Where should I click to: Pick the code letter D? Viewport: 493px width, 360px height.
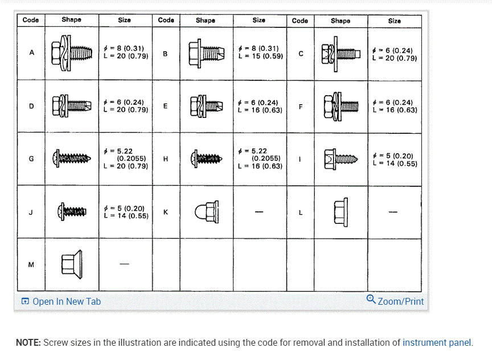click(31, 106)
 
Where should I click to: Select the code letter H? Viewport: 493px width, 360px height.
click(165, 159)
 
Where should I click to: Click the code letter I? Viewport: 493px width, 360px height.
click(300, 159)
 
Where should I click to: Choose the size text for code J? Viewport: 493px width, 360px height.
click(125, 212)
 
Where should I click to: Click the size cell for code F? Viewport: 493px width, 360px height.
click(395, 106)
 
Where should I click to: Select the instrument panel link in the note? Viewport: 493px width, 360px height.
click(437, 342)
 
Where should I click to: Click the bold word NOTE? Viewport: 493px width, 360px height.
click(28, 342)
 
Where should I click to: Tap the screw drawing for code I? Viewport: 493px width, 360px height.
click(340, 158)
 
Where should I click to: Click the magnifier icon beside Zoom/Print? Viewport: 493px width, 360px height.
click(371, 300)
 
